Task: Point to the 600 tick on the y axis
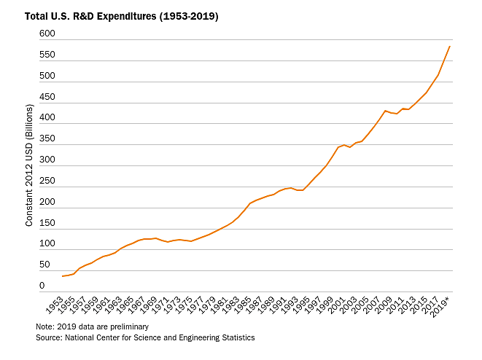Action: pos(47,34)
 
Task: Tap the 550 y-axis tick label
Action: pos(47,55)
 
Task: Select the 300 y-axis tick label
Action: pos(47,160)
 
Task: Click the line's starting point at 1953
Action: pos(63,276)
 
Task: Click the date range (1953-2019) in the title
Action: pos(186,16)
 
